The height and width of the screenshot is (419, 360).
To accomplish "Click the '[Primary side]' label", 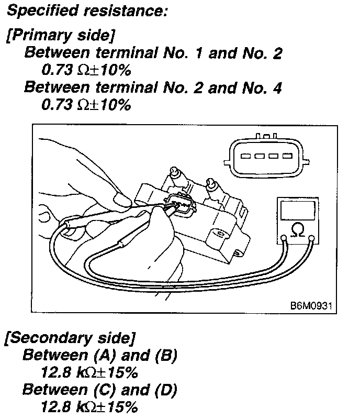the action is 60,36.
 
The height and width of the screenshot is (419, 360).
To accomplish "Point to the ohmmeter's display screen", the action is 297,210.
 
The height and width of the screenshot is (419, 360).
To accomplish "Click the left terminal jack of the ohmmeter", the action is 284,239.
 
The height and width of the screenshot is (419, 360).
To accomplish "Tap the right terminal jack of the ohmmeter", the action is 312,239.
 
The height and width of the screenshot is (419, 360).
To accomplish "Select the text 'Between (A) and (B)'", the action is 99,356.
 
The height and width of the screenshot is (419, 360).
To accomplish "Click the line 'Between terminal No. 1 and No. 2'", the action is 153,53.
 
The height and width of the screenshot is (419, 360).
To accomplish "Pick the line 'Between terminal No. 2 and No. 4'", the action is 153,87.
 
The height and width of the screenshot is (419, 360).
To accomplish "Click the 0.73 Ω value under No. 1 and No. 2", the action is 85,71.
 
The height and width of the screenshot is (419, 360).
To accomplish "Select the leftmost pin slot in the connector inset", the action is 244,157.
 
